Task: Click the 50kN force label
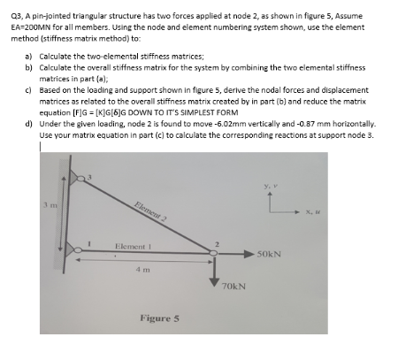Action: (269, 255)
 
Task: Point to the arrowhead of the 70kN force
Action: (214, 281)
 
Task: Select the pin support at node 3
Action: (78, 180)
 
